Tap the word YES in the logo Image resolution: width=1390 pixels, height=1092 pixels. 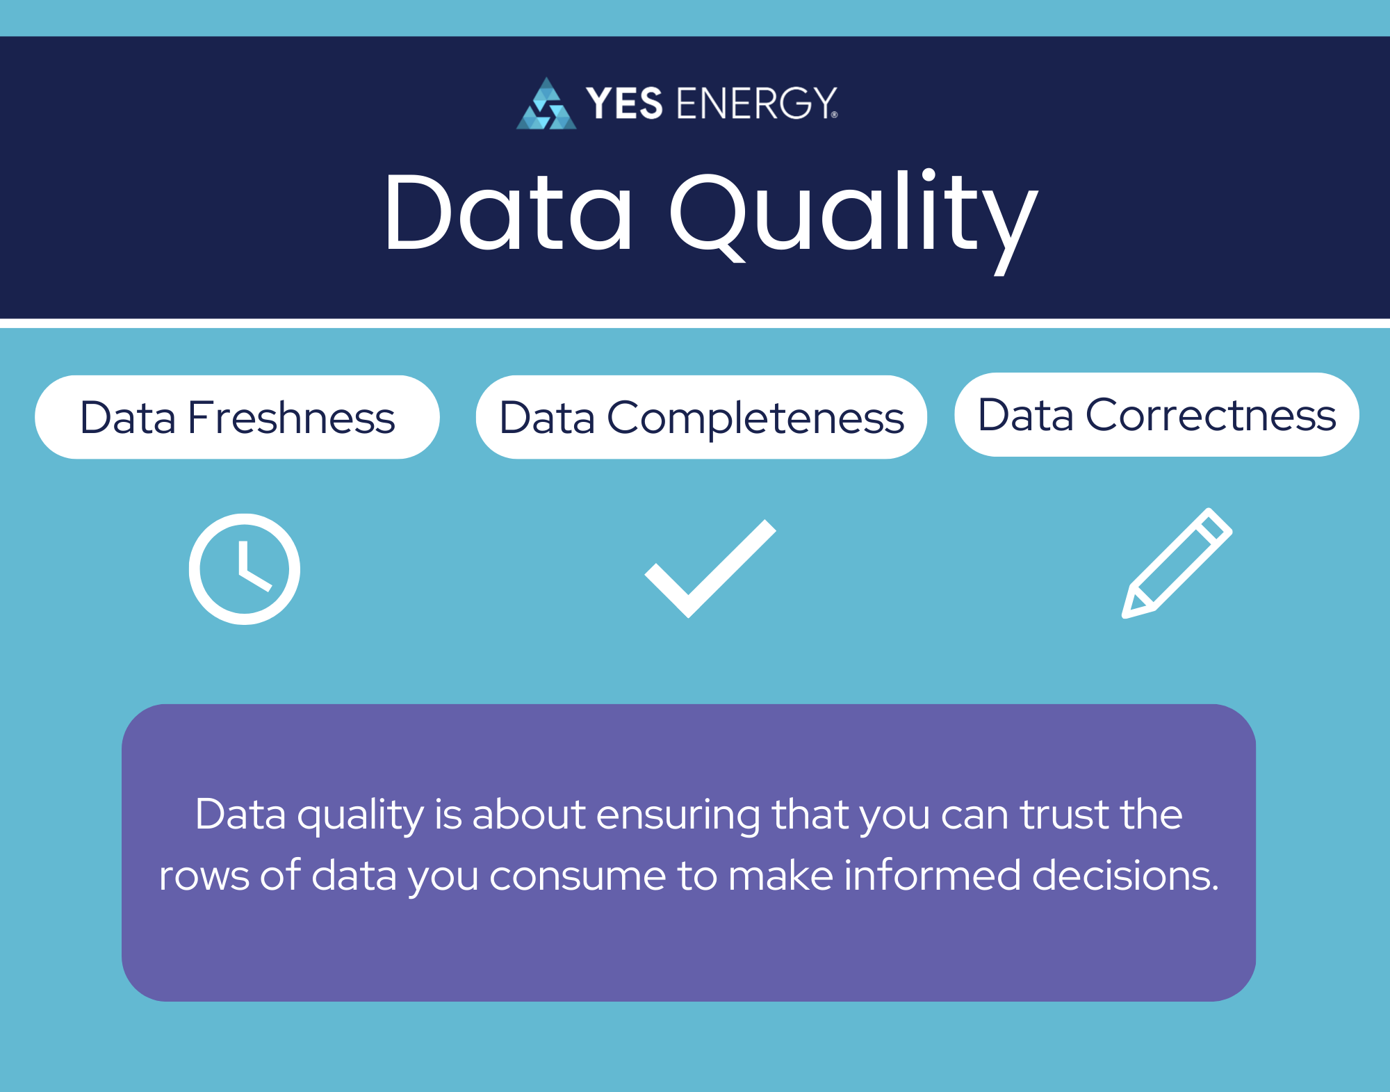pyautogui.click(x=623, y=104)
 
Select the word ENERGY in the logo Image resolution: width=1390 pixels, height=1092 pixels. pyautogui.click(x=756, y=104)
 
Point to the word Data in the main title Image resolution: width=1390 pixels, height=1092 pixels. pyautogui.click(x=508, y=212)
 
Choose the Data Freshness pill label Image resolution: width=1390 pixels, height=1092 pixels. pyautogui.click(x=237, y=417)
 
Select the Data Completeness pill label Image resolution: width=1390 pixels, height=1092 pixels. pyautogui.click(x=701, y=417)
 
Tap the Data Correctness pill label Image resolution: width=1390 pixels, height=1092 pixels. pyautogui.click(x=1156, y=415)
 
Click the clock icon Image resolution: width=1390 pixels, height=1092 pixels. pyautogui.click(x=245, y=569)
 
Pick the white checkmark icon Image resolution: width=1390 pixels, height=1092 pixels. pyautogui.click(x=709, y=569)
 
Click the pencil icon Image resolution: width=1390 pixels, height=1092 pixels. pyautogui.click(x=1177, y=563)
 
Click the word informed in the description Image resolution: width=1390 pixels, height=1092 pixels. pyautogui.click(x=932, y=875)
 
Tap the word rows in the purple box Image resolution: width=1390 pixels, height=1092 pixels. pyautogui.click(x=204, y=875)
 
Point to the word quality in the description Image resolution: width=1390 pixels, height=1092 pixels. pyautogui.click(x=360, y=815)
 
